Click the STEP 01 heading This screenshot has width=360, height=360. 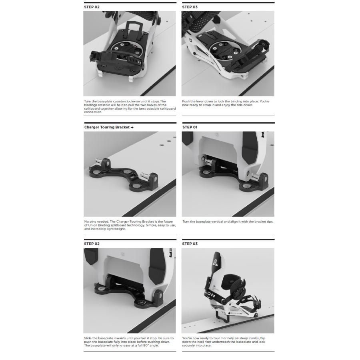click(x=190, y=127)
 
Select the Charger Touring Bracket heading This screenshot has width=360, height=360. click(x=107, y=127)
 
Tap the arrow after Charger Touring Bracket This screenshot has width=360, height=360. click(x=132, y=127)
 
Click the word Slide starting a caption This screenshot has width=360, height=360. click(x=88, y=338)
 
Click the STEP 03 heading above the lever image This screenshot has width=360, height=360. click(x=190, y=7)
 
